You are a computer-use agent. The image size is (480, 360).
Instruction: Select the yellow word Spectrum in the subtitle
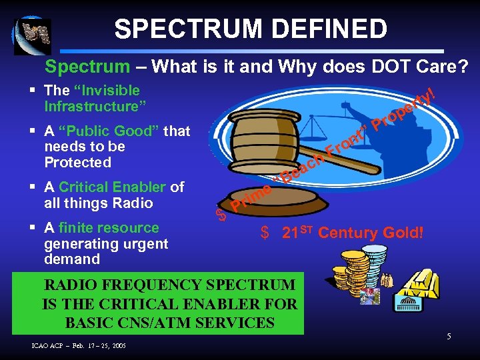87,67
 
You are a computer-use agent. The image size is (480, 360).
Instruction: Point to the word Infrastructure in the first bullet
95,106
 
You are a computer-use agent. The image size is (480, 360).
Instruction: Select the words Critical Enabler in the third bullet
111,187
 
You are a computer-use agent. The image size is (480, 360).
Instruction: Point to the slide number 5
449,337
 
